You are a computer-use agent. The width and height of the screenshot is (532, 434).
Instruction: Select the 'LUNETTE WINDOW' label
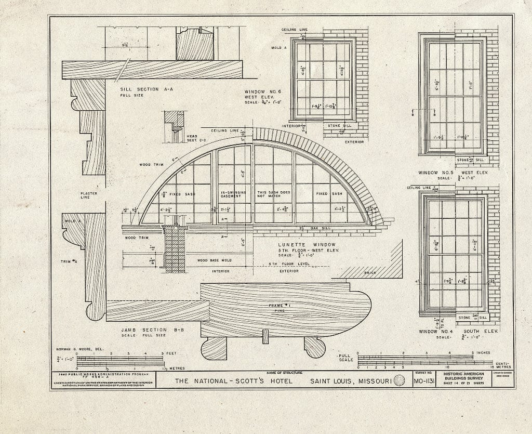(302, 244)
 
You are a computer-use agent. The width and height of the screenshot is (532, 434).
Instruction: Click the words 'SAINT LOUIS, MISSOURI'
(351, 382)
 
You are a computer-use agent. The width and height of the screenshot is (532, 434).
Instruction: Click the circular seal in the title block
(400, 382)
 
